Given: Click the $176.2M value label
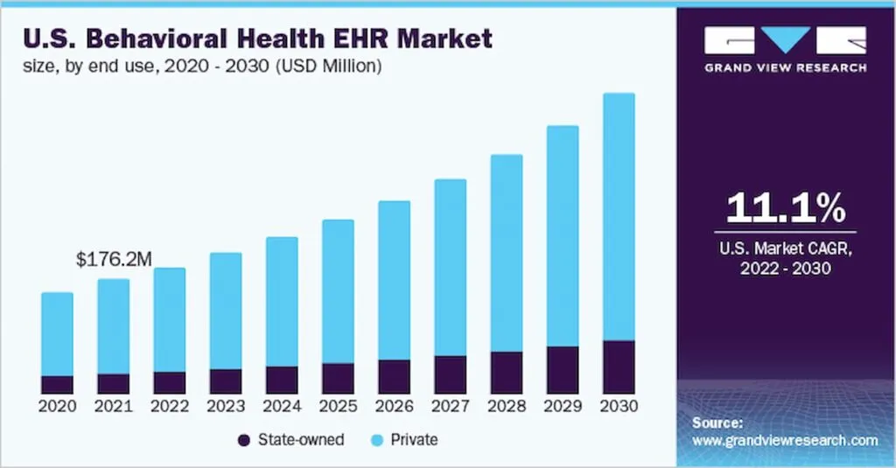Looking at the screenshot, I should pyautogui.click(x=115, y=259).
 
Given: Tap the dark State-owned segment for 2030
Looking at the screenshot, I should pyautogui.click(x=619, y=367).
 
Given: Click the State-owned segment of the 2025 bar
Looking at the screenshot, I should pyautogui.click(x=338, y=379).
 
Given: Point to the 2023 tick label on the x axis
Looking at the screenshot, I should pyautogui.click(x=226, y=407).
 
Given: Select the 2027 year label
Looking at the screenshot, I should pyautogui.click(x=450, y=407).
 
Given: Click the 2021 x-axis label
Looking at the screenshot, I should pyautogui.click(x=114, y=407).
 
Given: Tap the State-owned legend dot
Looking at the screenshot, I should pyautogui.click(x=243, y=440).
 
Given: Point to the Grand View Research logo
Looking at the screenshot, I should pyautogui.click(x=786, y=49).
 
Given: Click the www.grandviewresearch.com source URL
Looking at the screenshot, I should pyautogui.click(x=784, y=441).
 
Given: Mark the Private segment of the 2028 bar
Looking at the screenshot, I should pyautogui.click(x=507, y=254).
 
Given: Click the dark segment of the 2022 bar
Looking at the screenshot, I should pyautogui.click(x=170, y=383).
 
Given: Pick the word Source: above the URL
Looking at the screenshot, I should pyautogui.click(x=717, y=423).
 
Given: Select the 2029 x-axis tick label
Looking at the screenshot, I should pyautogui.click(x=563, y=407).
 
